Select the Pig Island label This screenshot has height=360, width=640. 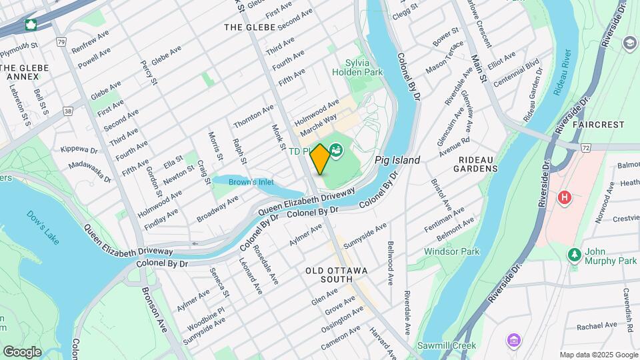click(397, 161)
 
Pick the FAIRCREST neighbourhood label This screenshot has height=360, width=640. click(597, 125)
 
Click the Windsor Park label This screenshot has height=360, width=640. click(452, 252)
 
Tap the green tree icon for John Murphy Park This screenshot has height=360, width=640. click(573, 255)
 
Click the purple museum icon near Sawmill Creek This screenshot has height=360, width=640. click(512, 341)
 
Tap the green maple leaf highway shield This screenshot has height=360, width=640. click(30, 25)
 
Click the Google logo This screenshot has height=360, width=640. click(22, 351)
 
